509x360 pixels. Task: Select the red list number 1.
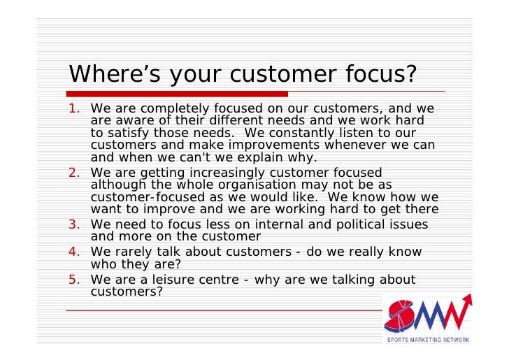click(73, 109)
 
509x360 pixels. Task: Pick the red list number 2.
click(73, 173)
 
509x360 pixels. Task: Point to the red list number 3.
click(73, 225)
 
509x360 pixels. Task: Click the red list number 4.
click(73, 252)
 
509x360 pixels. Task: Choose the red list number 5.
click(73, 280)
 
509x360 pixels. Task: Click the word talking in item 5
click(346, 280)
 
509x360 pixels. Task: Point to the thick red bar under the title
click(178, 94)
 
